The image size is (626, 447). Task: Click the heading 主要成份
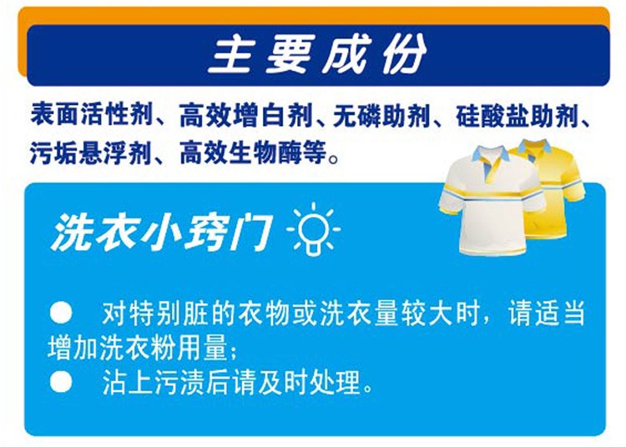317,54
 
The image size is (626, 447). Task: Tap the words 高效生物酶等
253,153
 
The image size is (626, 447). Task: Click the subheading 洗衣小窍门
161,233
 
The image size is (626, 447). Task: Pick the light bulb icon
314,229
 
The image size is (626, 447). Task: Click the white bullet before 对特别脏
61,312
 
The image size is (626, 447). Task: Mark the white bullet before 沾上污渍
61,381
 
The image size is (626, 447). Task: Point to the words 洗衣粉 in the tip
138,348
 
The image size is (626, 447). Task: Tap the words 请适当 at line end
547,313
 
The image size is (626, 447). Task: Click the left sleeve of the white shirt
451,198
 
